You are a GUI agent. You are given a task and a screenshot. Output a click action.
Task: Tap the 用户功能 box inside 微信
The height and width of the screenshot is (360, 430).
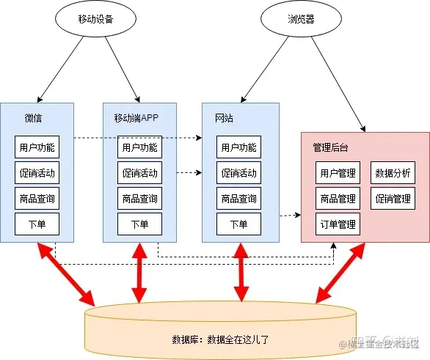pos(37,147)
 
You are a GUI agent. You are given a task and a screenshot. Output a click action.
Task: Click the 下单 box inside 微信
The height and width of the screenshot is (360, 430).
pos(37,224)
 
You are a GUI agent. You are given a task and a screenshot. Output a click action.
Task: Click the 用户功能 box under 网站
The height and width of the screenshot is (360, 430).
pos(238,147)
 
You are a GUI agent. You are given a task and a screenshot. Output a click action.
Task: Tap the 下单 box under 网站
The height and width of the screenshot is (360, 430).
pos(238,224)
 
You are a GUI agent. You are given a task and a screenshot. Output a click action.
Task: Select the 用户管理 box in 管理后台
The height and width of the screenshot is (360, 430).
pos(338,173)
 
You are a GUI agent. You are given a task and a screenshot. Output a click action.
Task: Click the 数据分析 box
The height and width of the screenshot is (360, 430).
pos(393,173)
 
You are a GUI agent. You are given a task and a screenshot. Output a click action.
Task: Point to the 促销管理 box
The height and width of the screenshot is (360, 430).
pos(393,199)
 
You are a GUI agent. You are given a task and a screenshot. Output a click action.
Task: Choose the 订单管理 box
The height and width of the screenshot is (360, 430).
pos(338,224)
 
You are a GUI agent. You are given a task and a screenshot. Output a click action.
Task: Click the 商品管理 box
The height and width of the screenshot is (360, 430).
pos(338,199)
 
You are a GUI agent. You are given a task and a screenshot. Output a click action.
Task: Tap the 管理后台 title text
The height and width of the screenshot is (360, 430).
pos(330,148)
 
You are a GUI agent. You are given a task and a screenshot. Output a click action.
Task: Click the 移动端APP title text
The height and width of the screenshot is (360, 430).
pos(136,118)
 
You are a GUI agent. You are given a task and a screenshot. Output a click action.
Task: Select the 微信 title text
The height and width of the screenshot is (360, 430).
pos(33,118)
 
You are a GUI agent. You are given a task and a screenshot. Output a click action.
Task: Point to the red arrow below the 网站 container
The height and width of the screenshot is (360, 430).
pos(239,272)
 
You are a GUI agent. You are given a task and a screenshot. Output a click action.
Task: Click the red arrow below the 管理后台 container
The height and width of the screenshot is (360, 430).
pos(340,272)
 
